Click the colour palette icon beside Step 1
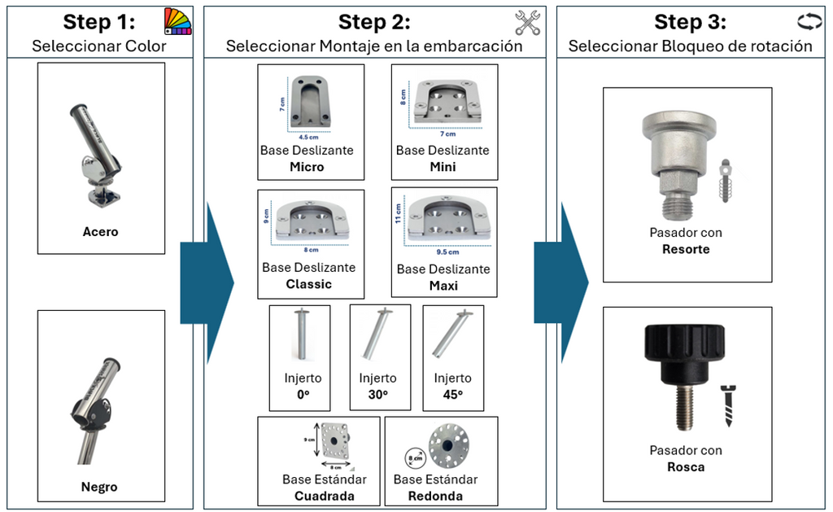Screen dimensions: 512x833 pos(177,20)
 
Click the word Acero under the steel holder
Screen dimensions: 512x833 pos(100,232)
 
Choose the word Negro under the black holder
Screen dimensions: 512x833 pos(99,488)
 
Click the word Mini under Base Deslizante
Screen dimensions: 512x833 pos(443,167)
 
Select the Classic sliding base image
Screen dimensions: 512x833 pos(311,219)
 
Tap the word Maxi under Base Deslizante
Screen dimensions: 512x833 pos(443,286)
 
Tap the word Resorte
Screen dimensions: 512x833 pos(686,249)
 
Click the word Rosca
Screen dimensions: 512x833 pos(686,467)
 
